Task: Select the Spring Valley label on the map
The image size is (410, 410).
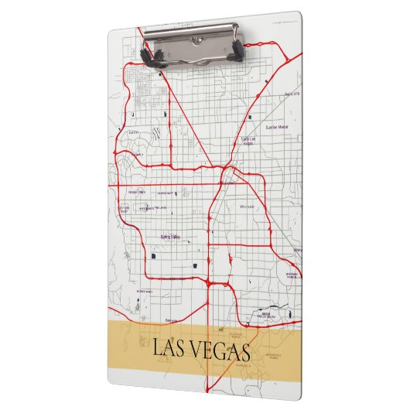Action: point(170,237)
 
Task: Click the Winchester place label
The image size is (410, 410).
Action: point(248,207)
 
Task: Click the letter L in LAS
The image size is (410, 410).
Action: point(159,349)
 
